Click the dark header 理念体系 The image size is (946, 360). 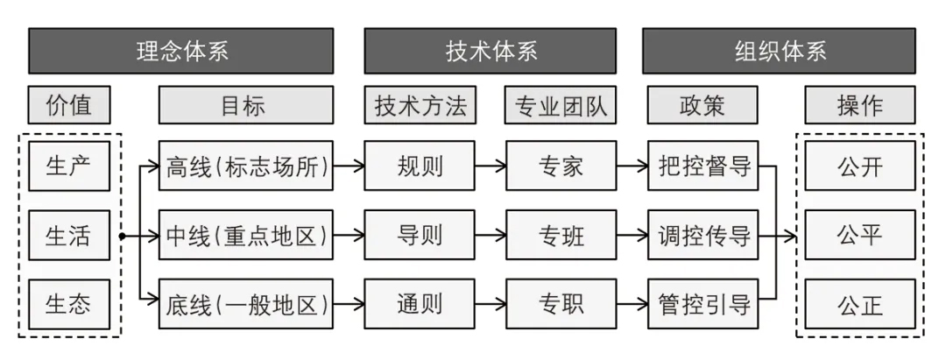pyautogui.click(x=181, y=51)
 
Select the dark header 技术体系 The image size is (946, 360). pyautogui.click(x=490, y=51)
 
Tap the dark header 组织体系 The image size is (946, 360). pyautogui.click(x=779, y=51)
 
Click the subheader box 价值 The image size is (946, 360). pyautogui.click(x=69, y=105)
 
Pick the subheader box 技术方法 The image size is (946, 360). pyautogui.click(x=420, y=105)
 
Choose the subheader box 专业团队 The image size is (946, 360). pyautogui.click(x=561, y=105)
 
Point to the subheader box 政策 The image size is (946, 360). pyautogui.click(x=702, y=105)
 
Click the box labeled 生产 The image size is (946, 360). pyautogui.click(x=69, y=166)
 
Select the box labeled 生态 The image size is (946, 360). pyautogui.click(x=69, y=304)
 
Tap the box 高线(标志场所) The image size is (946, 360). pyautogui.click(x=246, y=166)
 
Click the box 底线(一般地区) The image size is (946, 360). pyautogui.click(x=246, y=304)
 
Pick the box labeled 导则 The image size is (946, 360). pyautogui.click(x=420, y=235)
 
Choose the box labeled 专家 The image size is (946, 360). pyautogui.click(x=561, y=166)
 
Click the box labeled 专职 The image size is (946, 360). pyautogui.click(x=561, y=304)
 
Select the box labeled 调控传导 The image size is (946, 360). pyautogui.click(x=702, y=235)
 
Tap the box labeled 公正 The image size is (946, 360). pyautogui.click(x=860, y=304)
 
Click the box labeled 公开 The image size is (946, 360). pyautogui.click(x=860, y=166)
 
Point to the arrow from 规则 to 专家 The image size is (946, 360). pyautogui.click(x=491, y=166)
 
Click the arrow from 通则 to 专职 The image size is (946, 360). pyautogui.click(x=491, y=305)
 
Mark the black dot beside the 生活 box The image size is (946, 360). pyautogui.click(x=123, y=236)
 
